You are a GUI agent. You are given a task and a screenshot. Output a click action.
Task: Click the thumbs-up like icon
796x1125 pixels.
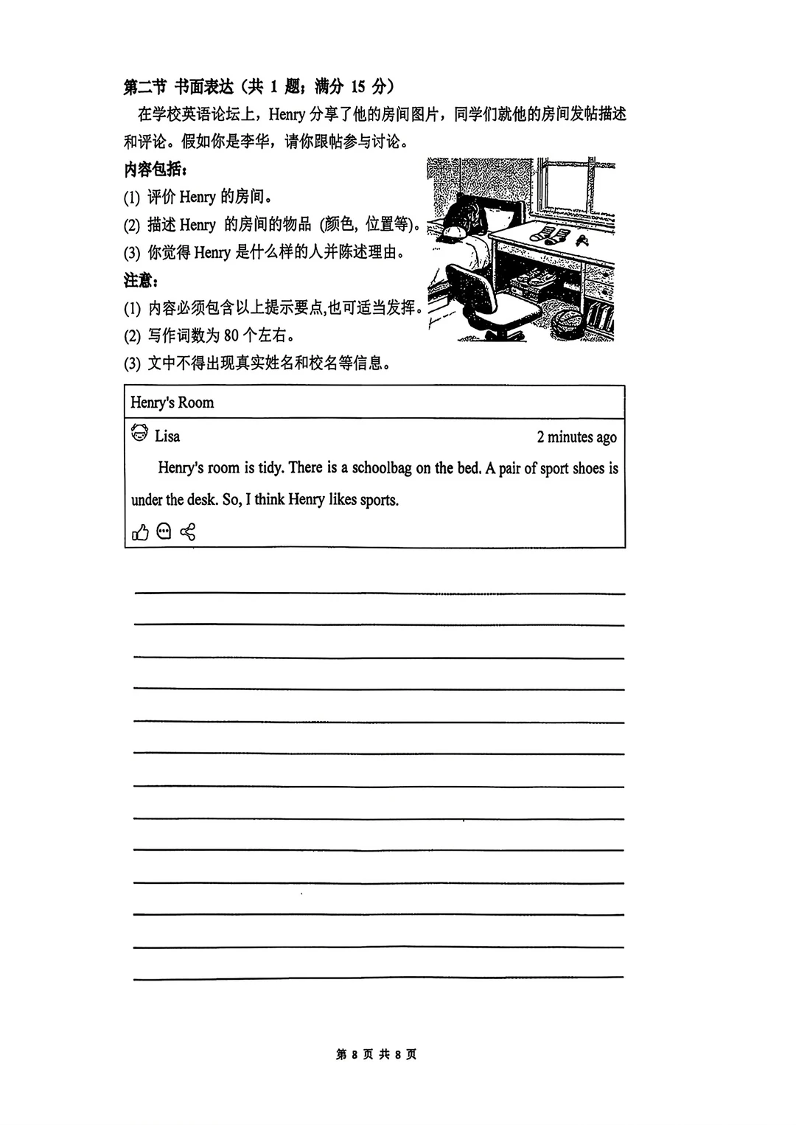[x=140, y=532]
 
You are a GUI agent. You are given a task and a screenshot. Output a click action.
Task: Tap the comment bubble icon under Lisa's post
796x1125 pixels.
[x=164, y=531]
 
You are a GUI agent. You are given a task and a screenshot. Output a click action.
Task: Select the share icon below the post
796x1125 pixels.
[x=187, y=532]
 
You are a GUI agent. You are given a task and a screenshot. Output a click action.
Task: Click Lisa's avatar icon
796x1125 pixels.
[x=139, y=433]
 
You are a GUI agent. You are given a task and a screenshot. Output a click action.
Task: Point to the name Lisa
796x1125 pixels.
[x=167, y=436]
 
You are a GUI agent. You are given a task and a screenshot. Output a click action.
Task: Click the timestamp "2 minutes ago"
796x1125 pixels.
[x=576, y=437]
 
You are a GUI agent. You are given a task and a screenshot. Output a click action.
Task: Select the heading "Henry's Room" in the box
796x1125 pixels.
[x=172, y=403]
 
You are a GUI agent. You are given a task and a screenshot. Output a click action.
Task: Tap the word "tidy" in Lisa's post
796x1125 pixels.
[x=270, y=468]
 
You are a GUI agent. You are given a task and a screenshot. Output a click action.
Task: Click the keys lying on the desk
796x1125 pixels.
[x=583, y=240]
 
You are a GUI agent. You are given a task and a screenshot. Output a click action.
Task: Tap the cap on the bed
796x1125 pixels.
[x=453, y=232]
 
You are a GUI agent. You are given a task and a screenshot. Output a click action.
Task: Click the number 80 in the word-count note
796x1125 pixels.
[x=231, y=335]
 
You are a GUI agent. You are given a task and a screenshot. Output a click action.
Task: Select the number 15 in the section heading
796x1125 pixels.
[x=357, y=87]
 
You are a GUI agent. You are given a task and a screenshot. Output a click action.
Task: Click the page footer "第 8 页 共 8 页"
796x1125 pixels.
[x=376, y=1054]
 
